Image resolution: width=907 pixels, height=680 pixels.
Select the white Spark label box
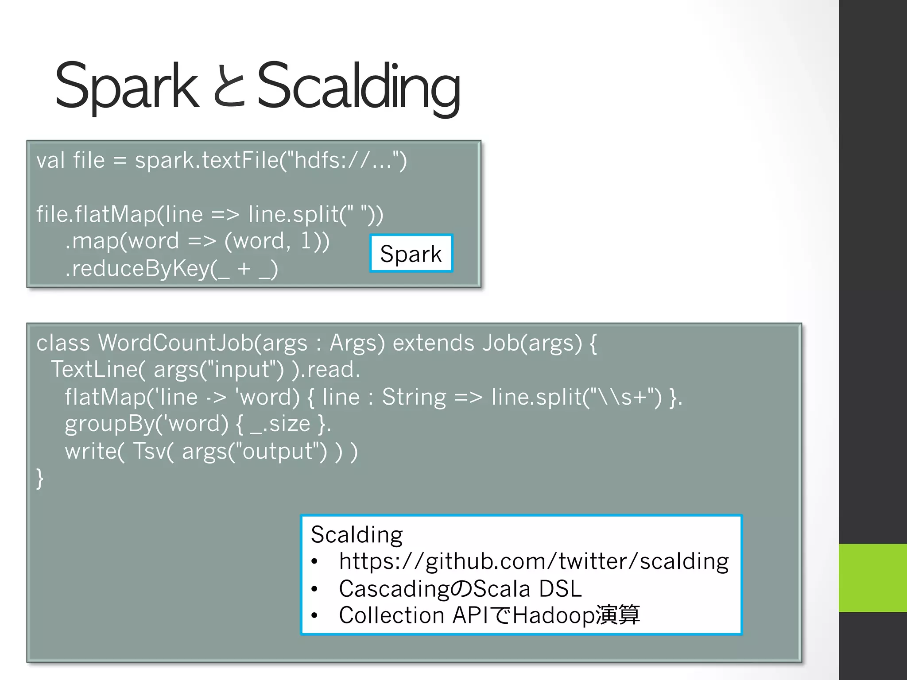411,254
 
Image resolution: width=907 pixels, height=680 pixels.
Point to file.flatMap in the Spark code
95,215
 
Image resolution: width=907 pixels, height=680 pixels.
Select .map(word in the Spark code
122,242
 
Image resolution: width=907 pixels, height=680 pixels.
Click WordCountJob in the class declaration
175,343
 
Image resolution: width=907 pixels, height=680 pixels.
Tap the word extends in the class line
434,343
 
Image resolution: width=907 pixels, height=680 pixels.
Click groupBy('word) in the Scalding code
146,424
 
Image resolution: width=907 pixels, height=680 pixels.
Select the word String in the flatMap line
414,397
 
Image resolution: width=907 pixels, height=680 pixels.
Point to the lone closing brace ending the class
40,479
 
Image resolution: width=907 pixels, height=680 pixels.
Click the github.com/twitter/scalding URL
533,562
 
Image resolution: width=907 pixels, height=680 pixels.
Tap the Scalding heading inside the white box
357,534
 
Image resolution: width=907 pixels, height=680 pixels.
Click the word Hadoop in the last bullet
554,616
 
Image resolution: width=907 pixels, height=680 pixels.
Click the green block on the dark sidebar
872,578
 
